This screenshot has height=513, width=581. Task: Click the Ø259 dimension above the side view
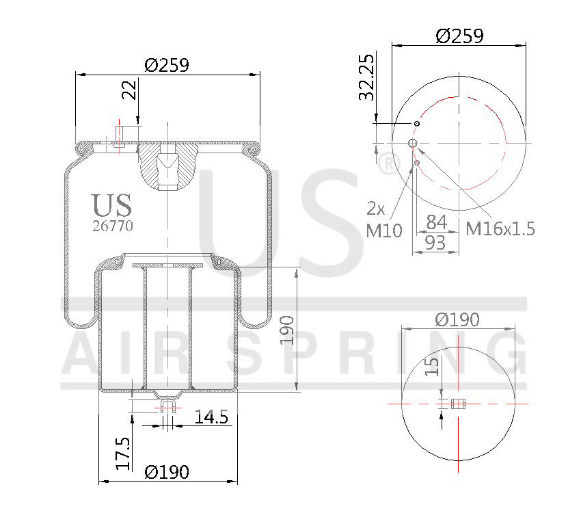(x=167, y=65)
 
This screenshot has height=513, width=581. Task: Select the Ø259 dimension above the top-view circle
(x=459, y=36)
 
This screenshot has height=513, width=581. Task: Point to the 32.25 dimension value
(x=367, y=77)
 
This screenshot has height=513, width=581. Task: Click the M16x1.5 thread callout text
(x=500, y=228)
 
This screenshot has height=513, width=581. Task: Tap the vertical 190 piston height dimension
(x=286, y=330)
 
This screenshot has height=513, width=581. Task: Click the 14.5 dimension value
(x=211, y=417)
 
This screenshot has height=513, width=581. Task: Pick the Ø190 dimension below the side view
(x=167, y=472)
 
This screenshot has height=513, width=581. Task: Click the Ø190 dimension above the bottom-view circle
(x=457, y=319)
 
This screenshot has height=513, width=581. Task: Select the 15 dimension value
(x=431, y=366)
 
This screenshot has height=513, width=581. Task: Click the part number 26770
(x=112, y=226)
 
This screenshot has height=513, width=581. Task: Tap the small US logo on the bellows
(x=111, y=205)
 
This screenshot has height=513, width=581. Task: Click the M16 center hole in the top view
(x=413, y=142)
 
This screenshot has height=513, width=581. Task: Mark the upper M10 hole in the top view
(x=416, y=123)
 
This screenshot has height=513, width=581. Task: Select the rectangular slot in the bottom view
(x=458, y=404)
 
